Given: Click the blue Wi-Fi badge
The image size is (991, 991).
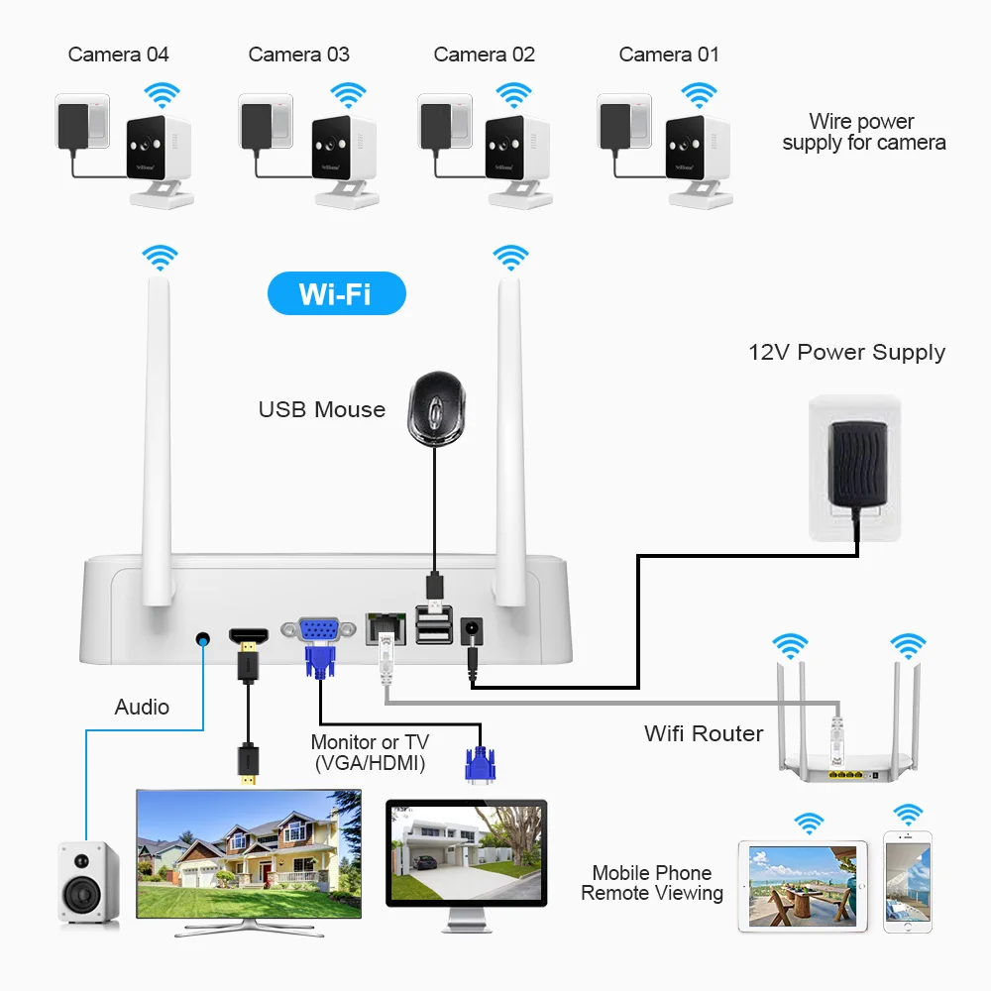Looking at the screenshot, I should [337, 294].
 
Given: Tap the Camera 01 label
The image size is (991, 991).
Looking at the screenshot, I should [669, 55].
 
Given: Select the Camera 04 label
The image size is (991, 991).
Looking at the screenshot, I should [118, 55].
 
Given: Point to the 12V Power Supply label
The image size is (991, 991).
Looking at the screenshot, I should [846, 352].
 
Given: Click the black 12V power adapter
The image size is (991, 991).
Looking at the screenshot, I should [854, 463].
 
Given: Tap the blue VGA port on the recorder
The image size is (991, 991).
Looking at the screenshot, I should [320, 630].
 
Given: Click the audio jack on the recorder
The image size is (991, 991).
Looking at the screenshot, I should [204, 639].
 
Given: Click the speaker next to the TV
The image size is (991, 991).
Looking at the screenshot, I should [88, 884].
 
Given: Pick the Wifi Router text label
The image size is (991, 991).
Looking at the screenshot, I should [704, 733].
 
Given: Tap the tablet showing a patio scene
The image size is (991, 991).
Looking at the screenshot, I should [803, 885].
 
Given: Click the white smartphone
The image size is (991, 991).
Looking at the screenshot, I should [908, 882].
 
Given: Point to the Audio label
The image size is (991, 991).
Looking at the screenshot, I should [142, 707].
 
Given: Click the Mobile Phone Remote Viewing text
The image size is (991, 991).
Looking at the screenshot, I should [652, 883].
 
